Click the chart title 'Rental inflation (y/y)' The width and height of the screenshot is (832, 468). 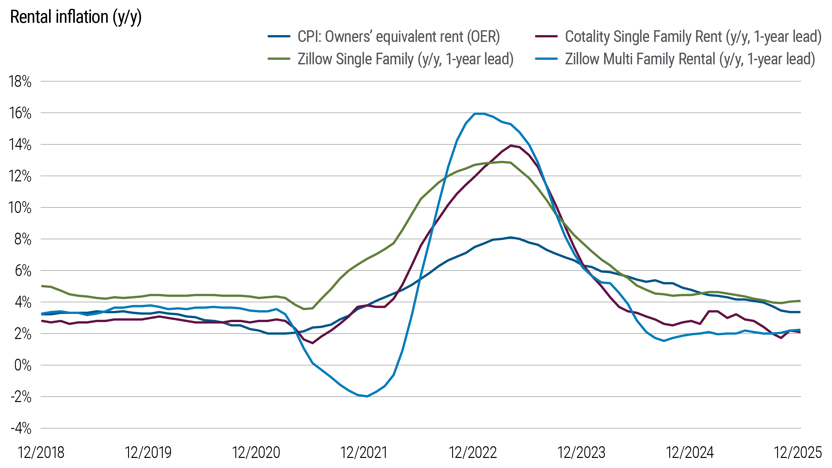[76, 17]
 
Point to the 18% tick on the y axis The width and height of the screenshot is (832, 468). [20, 82]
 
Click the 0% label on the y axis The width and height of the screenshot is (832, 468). [23, 366]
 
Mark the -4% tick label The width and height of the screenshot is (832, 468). [21, 429]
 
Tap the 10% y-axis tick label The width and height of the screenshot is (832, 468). [20, 208]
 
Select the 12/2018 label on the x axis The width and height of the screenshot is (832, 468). [41, 452]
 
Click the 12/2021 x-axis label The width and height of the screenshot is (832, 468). [364, 452]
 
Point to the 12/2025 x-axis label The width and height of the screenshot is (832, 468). [798, 452]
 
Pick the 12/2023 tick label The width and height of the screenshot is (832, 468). [581, 452]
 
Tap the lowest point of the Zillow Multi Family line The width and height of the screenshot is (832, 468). [367, 396]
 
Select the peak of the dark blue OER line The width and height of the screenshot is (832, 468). [510, 237]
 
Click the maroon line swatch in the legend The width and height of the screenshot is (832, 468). [547, 36]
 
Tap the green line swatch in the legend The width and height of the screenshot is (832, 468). [279, 59]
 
